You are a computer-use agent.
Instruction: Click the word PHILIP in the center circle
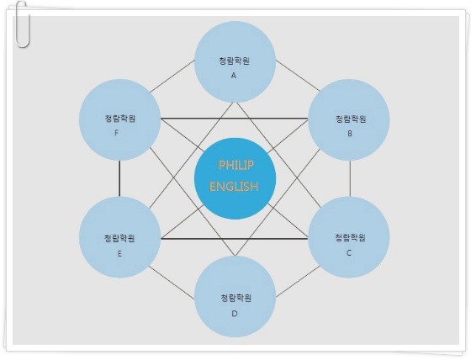point(235,165)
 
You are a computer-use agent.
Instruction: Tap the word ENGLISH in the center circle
point(234,187)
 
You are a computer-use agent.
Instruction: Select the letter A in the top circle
point(234,76)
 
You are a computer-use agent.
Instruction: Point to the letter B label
point(350,134)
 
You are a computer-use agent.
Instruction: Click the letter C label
point(349,253)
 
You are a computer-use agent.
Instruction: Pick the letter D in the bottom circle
point(235,314)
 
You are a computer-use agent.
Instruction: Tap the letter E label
point(119,254)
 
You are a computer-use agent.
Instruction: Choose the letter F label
point(117,133)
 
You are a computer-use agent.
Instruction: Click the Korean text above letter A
point(235,61)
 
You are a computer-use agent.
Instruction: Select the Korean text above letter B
point(351,119)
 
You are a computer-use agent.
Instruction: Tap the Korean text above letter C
point(350,238)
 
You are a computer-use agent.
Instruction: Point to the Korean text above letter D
point(235,298)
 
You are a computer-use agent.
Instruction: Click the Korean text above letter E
point(119,238)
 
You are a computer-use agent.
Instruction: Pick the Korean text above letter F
point(120,119)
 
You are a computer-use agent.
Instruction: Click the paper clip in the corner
point(23,24)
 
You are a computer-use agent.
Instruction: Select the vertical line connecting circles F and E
point(119,178)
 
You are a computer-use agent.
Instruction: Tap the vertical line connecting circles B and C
point(350,178)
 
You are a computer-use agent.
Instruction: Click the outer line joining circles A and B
point(298,76)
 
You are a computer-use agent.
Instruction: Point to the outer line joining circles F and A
point(172,77)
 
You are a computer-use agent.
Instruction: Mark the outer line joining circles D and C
point(298,282)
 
